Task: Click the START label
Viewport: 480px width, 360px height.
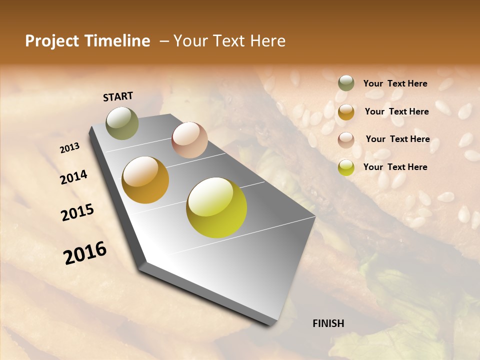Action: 118,96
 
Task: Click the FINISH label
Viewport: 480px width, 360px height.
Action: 328,323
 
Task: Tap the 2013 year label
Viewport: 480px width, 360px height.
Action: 69,148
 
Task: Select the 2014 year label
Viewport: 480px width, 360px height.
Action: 73,177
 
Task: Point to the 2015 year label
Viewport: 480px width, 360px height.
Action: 77,212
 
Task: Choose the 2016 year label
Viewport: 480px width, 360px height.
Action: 85,253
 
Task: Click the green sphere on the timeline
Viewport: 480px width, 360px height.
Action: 122,123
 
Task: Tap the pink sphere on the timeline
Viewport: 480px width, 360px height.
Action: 189,140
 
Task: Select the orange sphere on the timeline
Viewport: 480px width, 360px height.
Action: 145,180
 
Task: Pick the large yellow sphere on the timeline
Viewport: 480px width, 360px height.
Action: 216,207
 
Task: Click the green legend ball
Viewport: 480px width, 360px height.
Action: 346,83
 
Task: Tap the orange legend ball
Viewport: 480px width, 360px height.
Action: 346,112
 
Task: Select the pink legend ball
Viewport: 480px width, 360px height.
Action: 346,140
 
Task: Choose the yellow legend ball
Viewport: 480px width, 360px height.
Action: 346,167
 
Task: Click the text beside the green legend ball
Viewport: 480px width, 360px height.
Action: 395,83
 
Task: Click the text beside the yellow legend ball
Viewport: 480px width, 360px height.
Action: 395,167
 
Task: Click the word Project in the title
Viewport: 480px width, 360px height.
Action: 51,41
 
